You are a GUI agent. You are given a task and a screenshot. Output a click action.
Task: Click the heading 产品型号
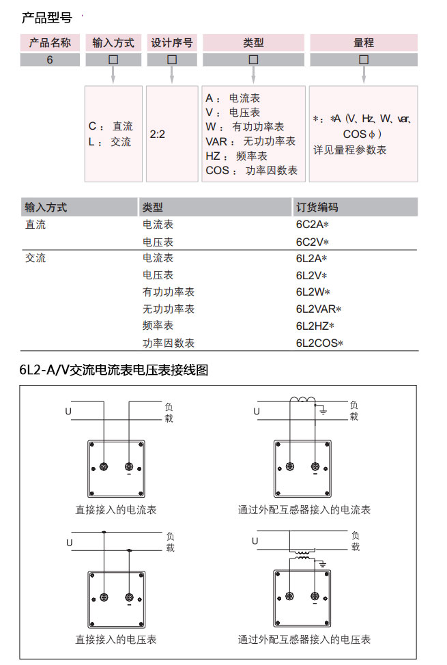[x=46, y=18]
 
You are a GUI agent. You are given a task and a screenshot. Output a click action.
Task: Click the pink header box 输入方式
[x=113, y=42]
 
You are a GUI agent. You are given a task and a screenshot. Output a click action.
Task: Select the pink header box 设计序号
[x=172, y=42]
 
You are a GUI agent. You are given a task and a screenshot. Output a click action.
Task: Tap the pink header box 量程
[x=363, y=42]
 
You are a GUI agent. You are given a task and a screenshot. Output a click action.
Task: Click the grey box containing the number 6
[x=50, y=59]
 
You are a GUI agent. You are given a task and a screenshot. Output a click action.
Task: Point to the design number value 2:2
[x=158, y=135]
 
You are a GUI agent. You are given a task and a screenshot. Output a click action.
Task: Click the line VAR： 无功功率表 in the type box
[x=250, y=141]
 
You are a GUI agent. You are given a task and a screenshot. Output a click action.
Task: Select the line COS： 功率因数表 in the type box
[x=251, y=171]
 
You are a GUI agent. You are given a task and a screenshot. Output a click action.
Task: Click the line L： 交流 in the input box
[x=110, y=142]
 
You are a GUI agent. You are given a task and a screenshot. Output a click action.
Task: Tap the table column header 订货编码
[x=317, y=207]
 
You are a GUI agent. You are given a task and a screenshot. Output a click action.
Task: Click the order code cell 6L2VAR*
[x=319, y=309]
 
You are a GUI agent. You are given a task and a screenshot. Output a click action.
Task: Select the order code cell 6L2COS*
[x=319, y=343]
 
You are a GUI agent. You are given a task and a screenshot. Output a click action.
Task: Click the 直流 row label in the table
[x=35, y=225]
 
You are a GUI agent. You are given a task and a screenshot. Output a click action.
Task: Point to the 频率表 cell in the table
[x=158, y=326]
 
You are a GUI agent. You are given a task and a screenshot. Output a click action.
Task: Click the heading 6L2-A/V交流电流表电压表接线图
[x=114, y=370]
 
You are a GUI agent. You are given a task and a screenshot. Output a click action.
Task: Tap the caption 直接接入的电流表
[x=116, y=509]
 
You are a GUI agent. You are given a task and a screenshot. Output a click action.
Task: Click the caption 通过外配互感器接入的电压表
[x=304, y=640]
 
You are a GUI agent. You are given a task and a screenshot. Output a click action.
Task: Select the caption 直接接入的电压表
[x=116, y=640]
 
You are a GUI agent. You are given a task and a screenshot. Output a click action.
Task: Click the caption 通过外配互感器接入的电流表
[x=304, y=509]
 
